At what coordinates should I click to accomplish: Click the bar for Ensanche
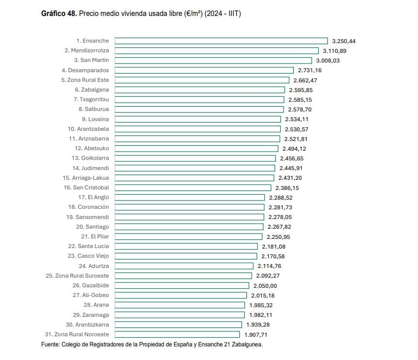(221, 41)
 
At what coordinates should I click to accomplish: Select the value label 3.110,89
(335, 51)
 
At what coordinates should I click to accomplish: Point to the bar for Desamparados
(204, 70)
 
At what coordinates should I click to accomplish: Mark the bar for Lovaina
(197, 119)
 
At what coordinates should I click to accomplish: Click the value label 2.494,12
(294, 149)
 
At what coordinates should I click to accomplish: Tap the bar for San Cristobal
(193, 188)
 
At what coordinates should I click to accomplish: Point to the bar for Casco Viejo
(185, 256)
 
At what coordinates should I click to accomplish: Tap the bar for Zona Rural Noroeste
(177, 334)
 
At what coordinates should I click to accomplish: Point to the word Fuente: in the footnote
(50, 344)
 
